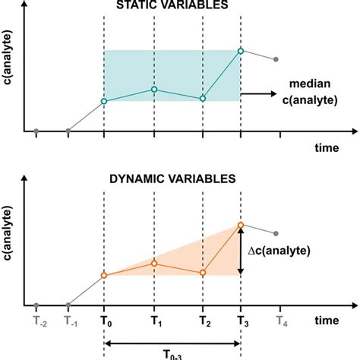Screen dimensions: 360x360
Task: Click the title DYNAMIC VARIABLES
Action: [173, 180]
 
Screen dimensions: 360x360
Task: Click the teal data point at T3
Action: [241, 51]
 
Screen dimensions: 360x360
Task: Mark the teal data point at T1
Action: [154, 90]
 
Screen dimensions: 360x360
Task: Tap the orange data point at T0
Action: [103, 275]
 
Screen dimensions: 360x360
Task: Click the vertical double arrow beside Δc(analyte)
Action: [241, 250]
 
